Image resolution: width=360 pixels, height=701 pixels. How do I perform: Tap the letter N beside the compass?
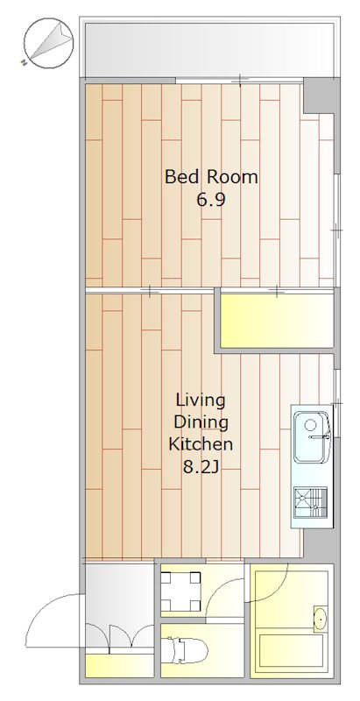(24, 63)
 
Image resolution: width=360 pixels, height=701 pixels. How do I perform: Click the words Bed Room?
(211, 177)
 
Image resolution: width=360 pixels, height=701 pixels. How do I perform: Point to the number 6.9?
(211, 200)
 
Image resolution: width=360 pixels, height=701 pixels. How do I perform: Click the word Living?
(201, 400)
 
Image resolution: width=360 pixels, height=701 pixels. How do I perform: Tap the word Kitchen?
(201, 444)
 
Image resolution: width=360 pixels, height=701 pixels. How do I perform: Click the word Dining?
(201, 422)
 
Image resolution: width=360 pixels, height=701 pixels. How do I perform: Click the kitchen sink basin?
(311, 437)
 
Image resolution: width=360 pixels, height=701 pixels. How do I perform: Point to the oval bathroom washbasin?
(321, 620)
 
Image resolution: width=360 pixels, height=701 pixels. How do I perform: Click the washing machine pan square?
(180, 591)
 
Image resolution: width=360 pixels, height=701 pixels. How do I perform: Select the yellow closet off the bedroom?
(277, 320)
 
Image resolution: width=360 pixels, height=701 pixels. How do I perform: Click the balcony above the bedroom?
(210, 49)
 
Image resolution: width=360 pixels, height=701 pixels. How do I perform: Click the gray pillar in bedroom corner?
(319, 96)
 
